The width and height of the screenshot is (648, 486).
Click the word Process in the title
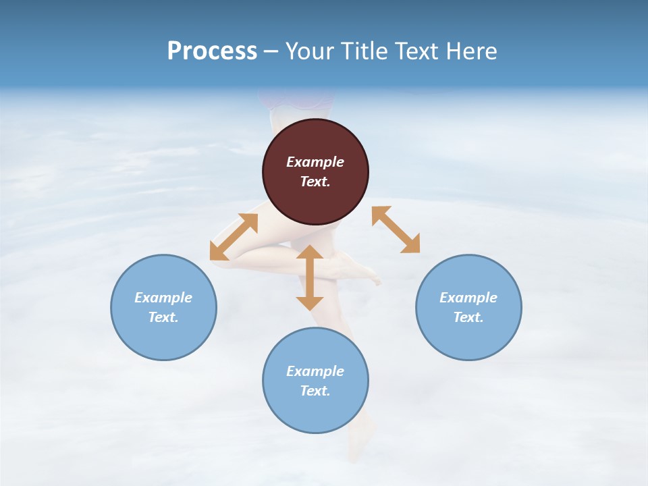(212, 51)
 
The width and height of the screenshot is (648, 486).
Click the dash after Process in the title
(271, 53)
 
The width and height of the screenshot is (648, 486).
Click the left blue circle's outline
(111, 307)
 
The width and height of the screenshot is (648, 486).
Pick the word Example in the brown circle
(315, 162)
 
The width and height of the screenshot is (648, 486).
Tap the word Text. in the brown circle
(315, 182)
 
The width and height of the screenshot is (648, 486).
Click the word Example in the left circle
(163, 298)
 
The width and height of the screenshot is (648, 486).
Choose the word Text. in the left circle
(163, 317)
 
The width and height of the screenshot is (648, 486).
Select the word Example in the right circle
(468, 298)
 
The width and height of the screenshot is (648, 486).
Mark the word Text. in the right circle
(468, 317)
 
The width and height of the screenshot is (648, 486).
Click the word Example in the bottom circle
(315, 371)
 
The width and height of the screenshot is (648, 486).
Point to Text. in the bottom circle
(315, 391)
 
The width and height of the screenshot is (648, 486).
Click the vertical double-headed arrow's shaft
(310, 277)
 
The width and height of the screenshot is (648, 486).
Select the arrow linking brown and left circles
(234, 237)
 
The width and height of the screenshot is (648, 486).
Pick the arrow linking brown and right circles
(396, 230)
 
